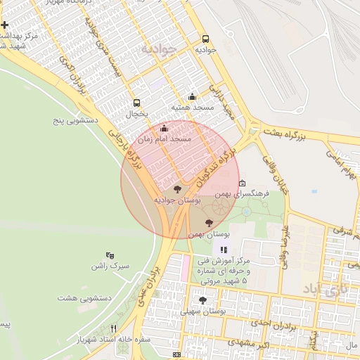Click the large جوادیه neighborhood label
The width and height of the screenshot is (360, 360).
pos(162,49)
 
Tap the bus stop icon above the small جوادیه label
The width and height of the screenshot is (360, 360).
pos(205,39)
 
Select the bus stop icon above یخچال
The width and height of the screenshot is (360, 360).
pos(136,102)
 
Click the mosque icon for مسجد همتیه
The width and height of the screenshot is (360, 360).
pos(193,97)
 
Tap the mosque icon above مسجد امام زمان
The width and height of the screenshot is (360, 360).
pos(164,129)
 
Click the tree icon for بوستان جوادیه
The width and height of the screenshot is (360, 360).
pos(176,189)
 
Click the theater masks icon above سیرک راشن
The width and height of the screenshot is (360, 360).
pos(109,255)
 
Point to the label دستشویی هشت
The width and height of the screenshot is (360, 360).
pos(85,298)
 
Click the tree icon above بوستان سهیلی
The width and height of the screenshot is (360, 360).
pos(203,300)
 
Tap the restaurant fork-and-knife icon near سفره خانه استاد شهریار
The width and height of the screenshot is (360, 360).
pos(114,328)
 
